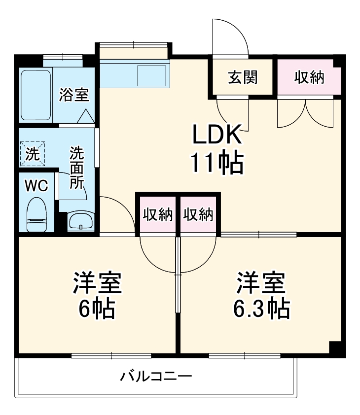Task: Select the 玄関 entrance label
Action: (x=243, y=77)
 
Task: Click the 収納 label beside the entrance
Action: (x=309, y=77)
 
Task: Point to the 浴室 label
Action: (x=74, y=94)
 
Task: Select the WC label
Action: (x=36, y=185)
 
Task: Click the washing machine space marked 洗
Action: (x=33, y=154)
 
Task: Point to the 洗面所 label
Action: (x=76, y=168)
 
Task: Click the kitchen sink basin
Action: (x=152, y=74)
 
